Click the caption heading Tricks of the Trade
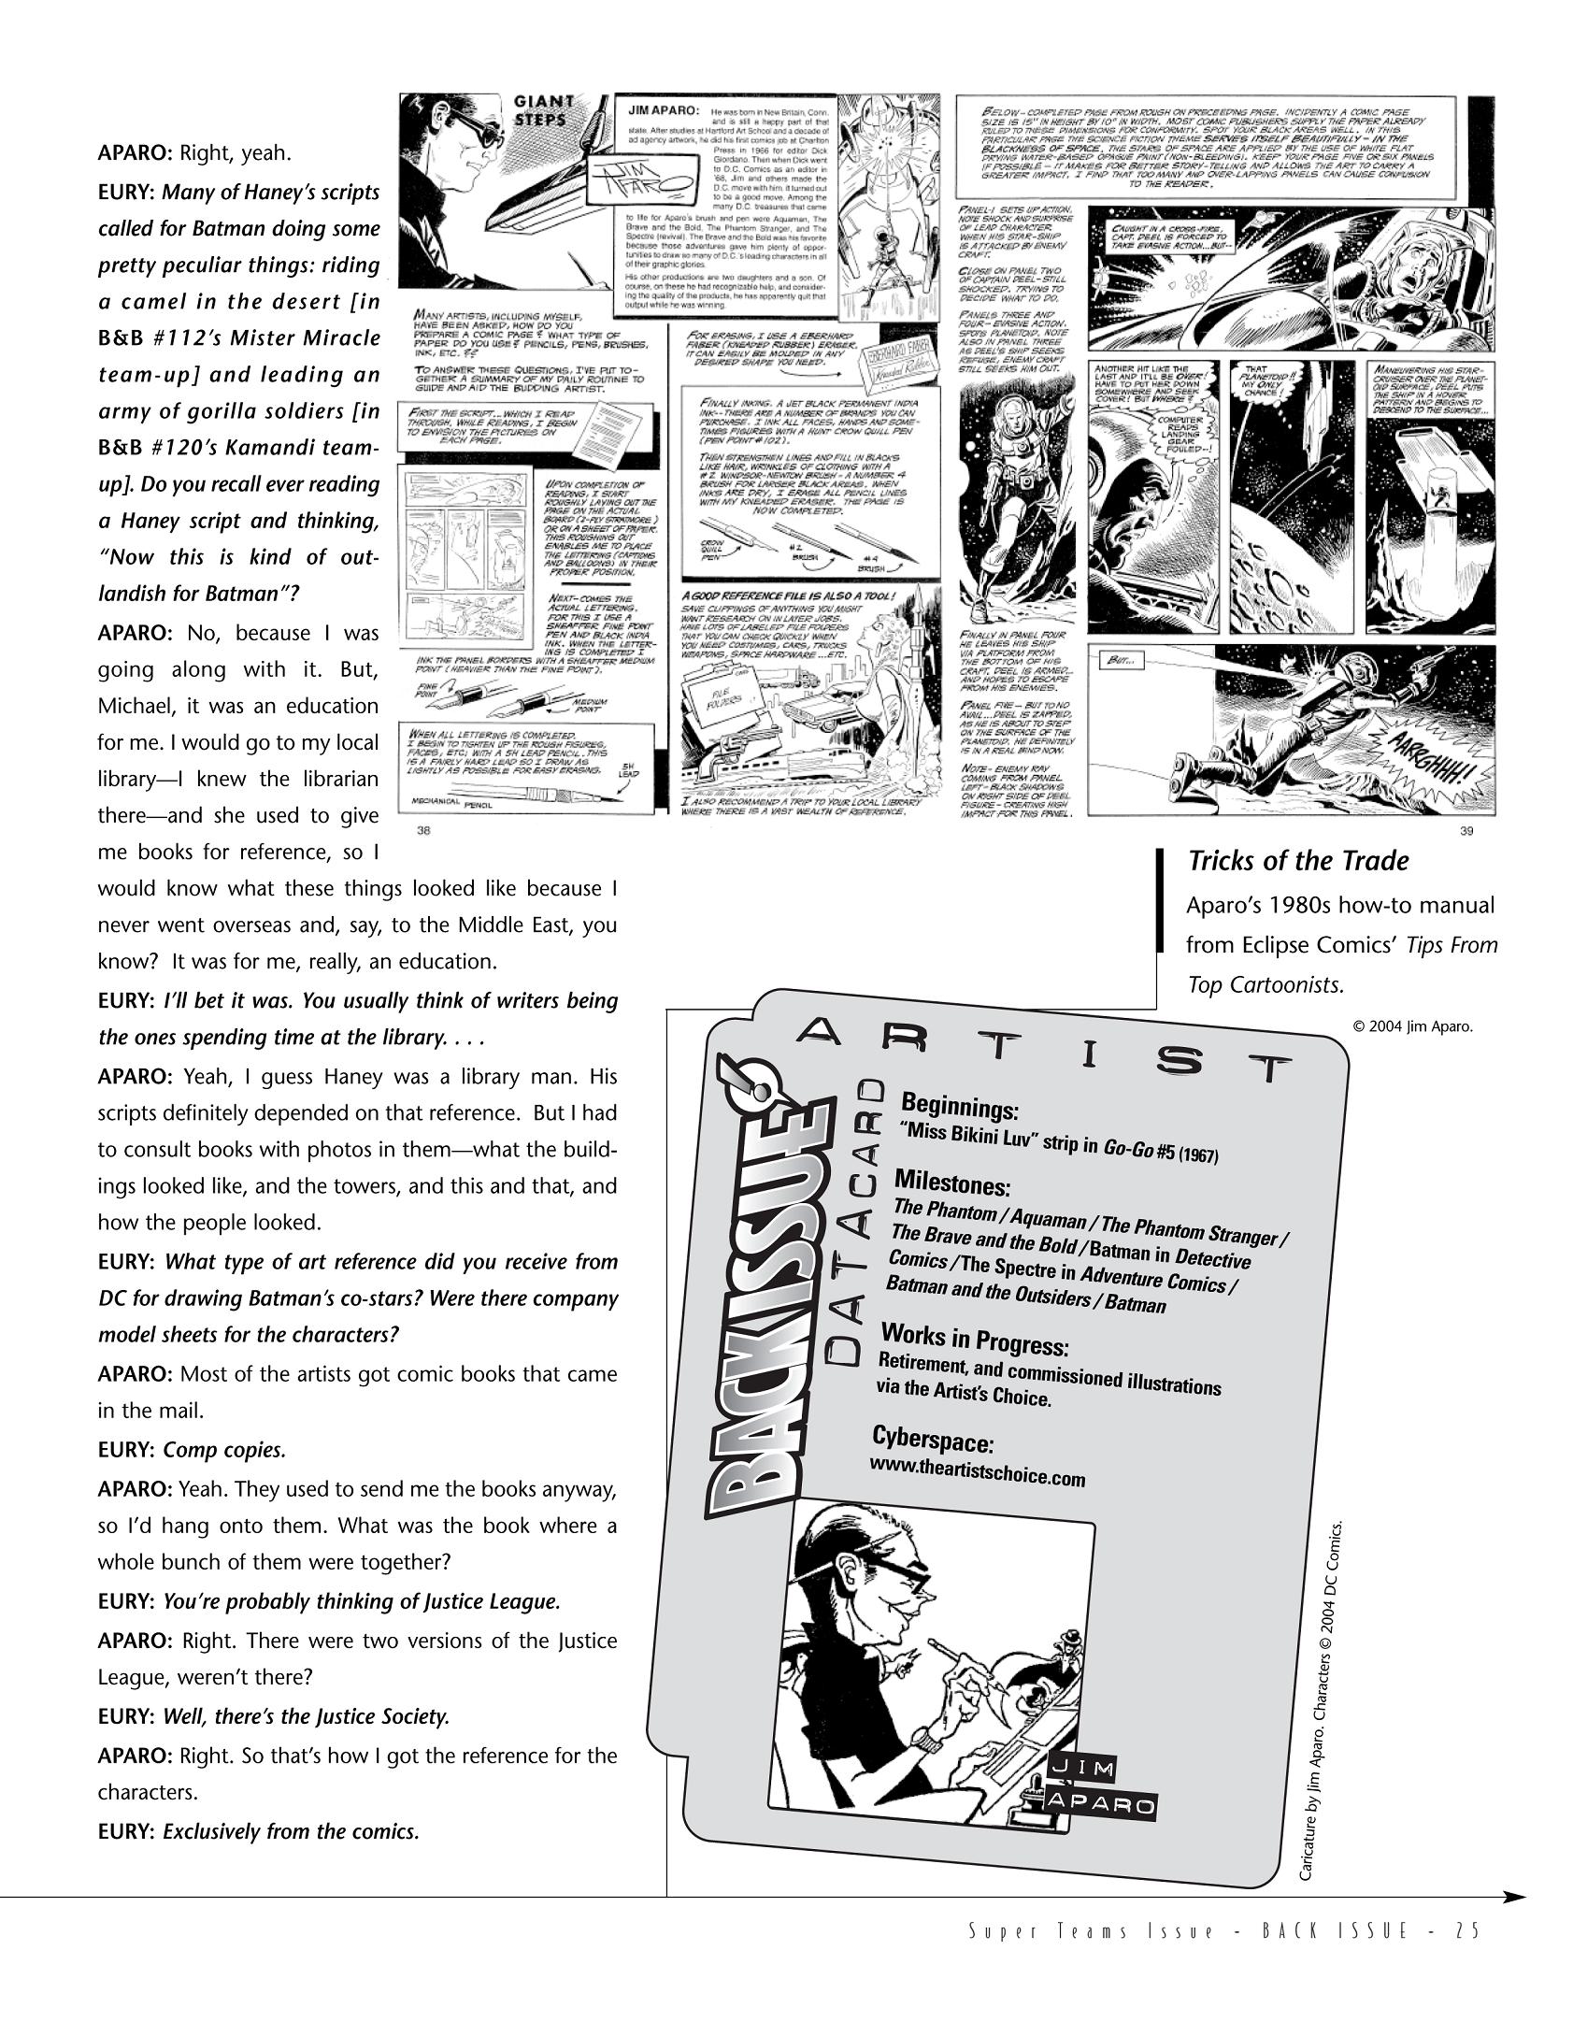[1297, 861]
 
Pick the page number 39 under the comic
[1466, 832]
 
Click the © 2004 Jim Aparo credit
[1412, 1026]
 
